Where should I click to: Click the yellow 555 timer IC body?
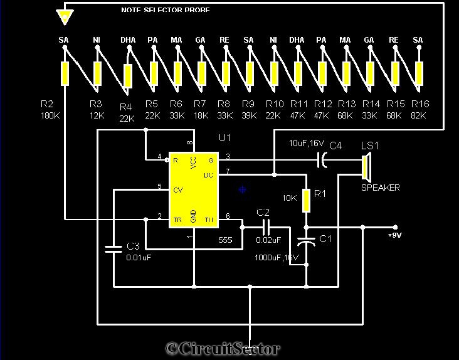pyautogui.click(x=193, y=189)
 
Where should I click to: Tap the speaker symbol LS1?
pyautogui.click(x=366, y=167)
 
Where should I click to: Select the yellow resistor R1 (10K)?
pyautogui.click(x=307, y=201)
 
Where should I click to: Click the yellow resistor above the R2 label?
pyautogui.click(x=64, y=73)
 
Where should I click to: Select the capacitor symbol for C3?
pyautogui.click(x=113, y=248)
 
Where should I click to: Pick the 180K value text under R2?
pyautogui.click(x=50, y=116)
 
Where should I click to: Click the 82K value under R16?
pyautogui.click(x=418, y=116)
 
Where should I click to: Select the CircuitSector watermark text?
pyautogui.click(x=223, y=349)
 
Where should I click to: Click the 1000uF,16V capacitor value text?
pyautogui.click(x=277, y=258)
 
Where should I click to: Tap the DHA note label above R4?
pyautogui.click(x=128, y=40)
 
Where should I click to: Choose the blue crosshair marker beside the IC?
pyautogui.click(x=243, y=189)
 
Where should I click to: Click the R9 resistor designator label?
pyautogui.click(x=248, y=104)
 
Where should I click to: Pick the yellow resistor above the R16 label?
pyautogui.click(x=418, y=73)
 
